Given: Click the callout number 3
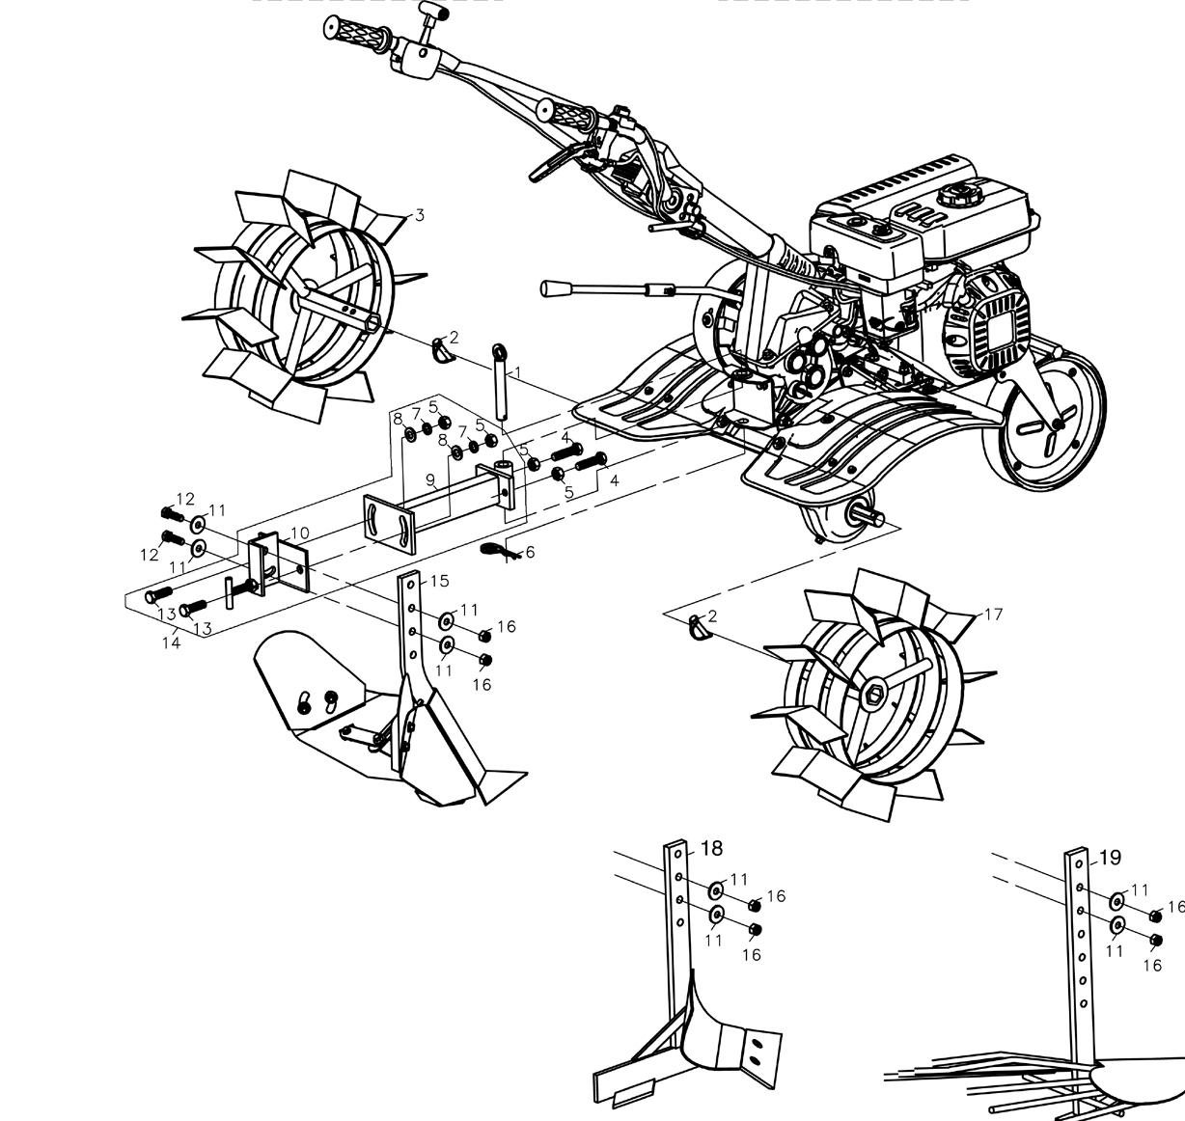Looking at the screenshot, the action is click(x=420, y=215).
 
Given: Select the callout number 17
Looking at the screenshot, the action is click(x=993, y=615).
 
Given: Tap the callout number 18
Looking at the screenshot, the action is click(x=712, y=849).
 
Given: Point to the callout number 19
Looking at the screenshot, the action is click(x=1111, y=857).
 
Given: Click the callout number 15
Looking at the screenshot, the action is click(x=439, y=581).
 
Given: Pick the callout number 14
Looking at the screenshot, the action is click(x=171, y=643).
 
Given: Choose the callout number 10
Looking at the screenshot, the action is click(x=299, y=533).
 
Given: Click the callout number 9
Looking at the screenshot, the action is click(x=430, y=479).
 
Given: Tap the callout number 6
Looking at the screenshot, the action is click(x=530, y=552).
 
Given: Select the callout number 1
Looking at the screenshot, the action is click(x=516, y=373).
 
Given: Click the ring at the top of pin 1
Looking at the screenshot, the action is click(x=499, y=350).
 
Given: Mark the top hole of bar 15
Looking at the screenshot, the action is click(x=411, y=585).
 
